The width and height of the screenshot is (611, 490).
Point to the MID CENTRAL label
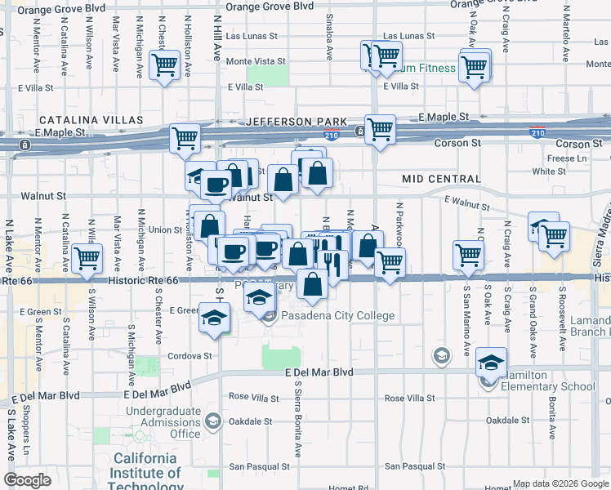coord(441,179)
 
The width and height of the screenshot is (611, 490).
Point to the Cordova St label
coord(190,356)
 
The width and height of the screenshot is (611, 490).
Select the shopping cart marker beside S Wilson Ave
coord(87,259)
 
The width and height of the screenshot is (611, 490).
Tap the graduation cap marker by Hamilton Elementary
coord(491,363)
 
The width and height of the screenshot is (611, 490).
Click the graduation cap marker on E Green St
coord(213,317)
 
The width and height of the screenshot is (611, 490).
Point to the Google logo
coord(27,480)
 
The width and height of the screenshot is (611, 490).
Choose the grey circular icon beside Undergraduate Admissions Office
coord(213,421)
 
